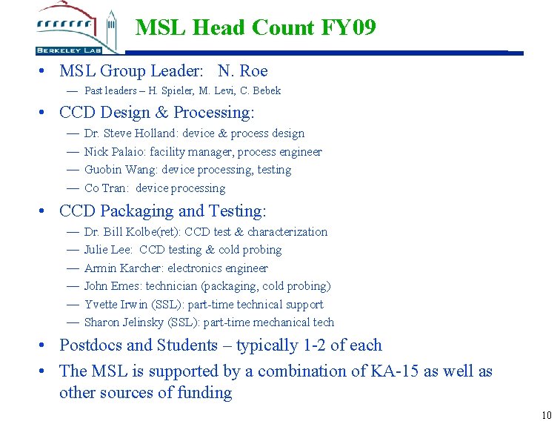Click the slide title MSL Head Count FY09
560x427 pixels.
click(256, 28)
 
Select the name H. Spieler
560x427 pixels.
click(167, 91)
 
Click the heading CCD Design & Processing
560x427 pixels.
click(156, 113)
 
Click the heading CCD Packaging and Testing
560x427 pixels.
click(162, 211)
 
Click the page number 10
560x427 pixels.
click(547, 415)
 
